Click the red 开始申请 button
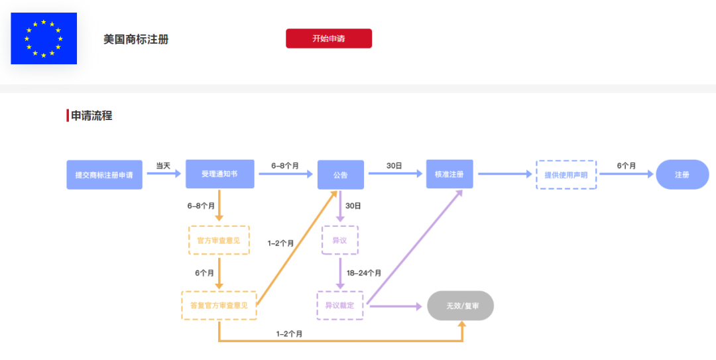click(329, 38)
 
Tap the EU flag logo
click(44, 38)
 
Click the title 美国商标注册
click(136, 39)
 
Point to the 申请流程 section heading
click(91, 115)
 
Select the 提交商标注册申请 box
click(104, 175)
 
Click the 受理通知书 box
click(219, 174)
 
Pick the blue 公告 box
click(340, 175)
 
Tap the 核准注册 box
click(449, 174)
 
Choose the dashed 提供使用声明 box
click(566, 175)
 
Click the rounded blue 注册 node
click(682, 175)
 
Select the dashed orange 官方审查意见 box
click(219, 240)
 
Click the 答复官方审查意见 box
click(219, 305)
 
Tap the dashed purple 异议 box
click(339, 240)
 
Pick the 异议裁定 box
click(339, 306)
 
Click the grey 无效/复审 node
click(461, 306)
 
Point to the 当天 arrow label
click(163, 166)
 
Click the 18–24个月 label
click(364, 272)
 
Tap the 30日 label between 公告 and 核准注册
click(394, 166)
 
